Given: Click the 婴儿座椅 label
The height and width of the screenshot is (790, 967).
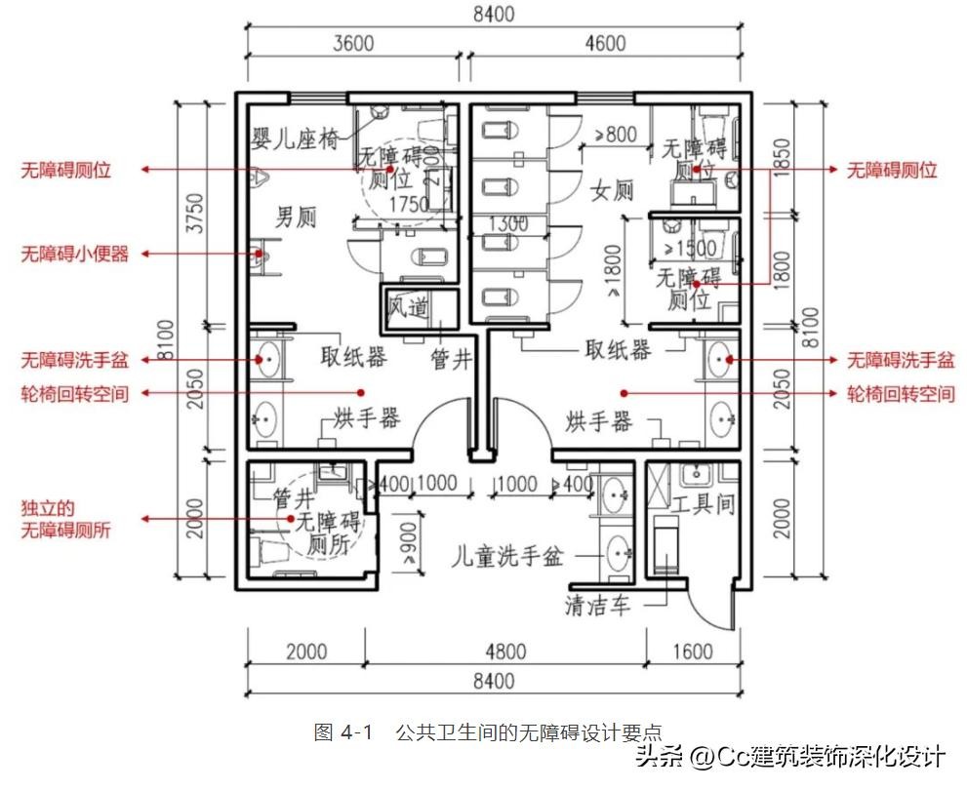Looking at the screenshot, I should tap(296, 139).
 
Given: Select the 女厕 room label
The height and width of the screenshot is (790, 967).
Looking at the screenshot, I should tap(613, 190).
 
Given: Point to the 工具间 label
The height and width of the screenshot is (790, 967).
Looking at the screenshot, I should tap(703, 505).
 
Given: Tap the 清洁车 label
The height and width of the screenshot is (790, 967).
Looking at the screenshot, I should tap(596, 606).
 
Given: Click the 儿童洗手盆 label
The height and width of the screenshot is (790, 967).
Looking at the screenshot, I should tap(507, 558).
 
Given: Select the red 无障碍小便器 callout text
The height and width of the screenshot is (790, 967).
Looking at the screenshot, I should tap(75, 255).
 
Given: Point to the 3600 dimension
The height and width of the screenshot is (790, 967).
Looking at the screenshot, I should tap(353, 44).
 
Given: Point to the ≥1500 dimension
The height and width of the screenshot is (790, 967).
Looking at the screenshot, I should tap(690, 248).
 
